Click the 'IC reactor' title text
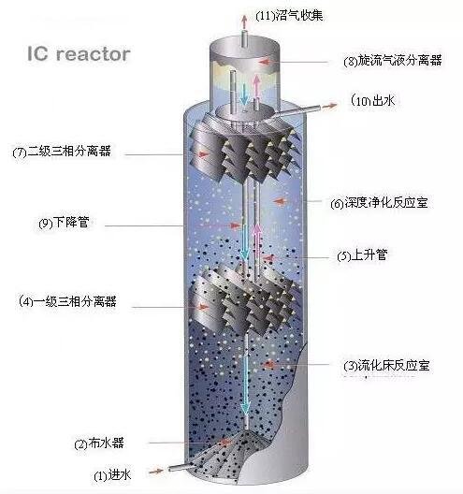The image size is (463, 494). [79, 54]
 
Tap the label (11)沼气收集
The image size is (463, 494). [289, 15]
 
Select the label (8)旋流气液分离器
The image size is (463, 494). [393, 60]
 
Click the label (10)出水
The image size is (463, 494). [372, 100]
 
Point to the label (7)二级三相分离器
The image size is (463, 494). [62, 152]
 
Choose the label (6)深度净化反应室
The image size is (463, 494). [379, 203]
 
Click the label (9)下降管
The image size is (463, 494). [64, 223]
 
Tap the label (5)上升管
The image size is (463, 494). [362, 254]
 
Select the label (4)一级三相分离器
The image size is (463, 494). [67, 301]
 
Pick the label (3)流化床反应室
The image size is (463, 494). [386, 366]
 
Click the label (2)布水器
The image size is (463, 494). [99, 443]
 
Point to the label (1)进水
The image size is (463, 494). [112, 474]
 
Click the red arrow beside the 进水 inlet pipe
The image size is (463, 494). [156, 472]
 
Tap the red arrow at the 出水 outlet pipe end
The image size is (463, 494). [330, 106]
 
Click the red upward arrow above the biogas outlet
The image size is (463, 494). [243, 22]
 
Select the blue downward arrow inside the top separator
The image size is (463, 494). [243, 92]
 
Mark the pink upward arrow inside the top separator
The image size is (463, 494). [256, 85]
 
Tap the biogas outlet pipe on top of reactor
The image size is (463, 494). [243, 38]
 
